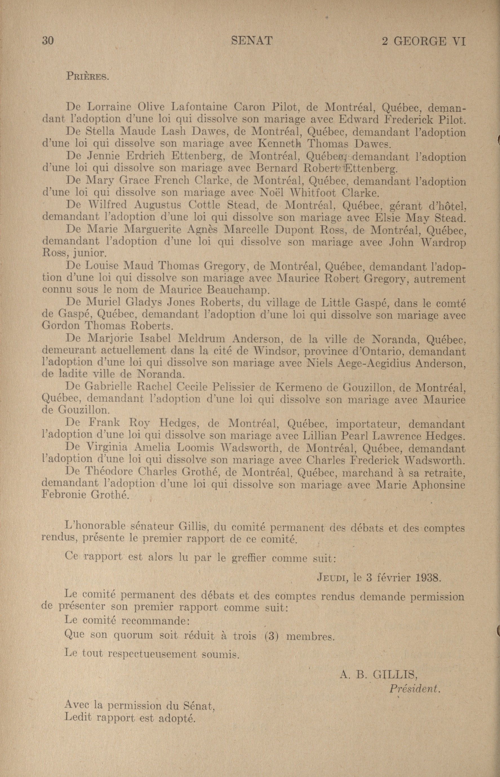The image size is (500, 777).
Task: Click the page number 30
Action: point(48,41)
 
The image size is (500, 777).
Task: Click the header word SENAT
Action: point(252,41)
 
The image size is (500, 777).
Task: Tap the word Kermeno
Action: point(303,387)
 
